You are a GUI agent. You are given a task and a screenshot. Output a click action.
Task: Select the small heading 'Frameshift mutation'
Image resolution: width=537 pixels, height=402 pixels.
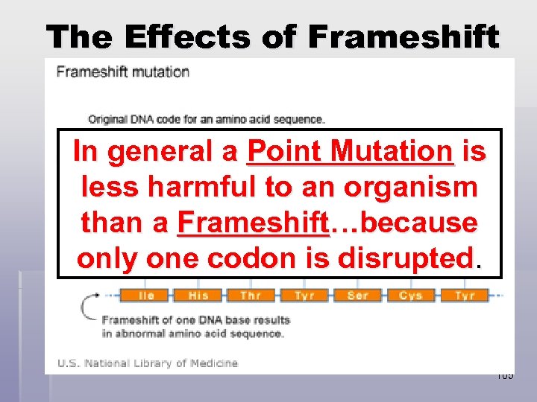click(123, 72)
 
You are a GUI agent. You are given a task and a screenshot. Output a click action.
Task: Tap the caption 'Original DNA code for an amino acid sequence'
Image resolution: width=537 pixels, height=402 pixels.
click(207, 118)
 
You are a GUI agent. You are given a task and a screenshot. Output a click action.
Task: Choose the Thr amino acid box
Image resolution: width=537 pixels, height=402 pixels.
click(251, 296)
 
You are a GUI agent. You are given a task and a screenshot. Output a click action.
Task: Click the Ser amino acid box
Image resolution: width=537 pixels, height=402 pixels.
click(358, 296)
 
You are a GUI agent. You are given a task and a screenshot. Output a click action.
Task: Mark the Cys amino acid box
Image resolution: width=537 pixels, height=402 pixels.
click(411, 296)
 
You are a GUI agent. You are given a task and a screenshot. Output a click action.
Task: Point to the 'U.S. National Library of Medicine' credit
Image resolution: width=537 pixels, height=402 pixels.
click(147, 363)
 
